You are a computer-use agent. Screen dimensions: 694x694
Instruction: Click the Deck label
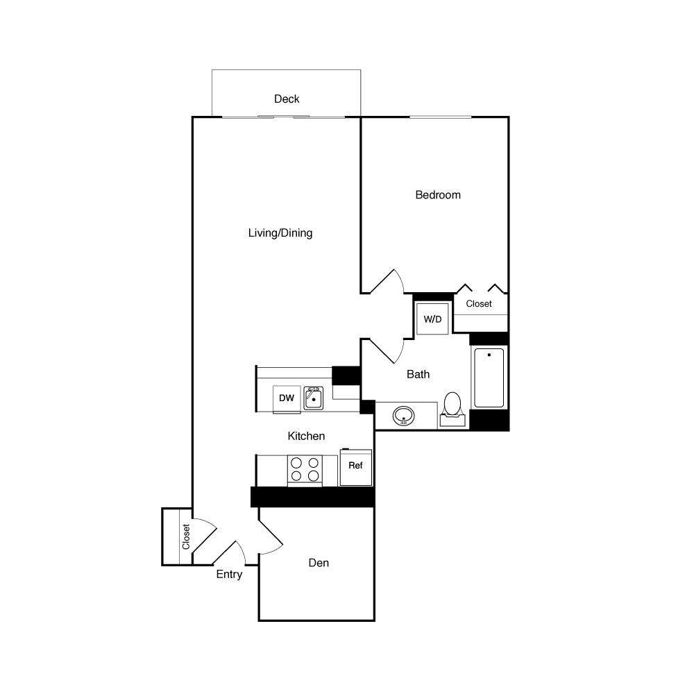(287, 99)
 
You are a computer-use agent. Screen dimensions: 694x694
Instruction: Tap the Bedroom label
(438, 195)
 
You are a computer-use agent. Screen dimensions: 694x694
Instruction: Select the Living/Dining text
(280, 233)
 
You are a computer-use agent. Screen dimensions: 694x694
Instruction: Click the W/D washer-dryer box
(432, 319)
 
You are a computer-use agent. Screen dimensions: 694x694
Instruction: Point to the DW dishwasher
(287, 398)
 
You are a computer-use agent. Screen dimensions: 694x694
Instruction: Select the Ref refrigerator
(355, 466)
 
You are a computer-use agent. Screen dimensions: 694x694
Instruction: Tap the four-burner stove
(305, 470)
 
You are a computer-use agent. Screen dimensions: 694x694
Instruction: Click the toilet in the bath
(452, 407)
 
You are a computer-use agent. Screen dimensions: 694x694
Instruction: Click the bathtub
(489, 378)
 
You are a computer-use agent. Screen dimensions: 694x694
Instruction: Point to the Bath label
(418, 374)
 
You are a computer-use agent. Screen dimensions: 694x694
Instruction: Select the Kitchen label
(306, 436)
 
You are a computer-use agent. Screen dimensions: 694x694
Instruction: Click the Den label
(319, 563)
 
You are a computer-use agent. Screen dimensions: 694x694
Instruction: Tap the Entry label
(229, 575)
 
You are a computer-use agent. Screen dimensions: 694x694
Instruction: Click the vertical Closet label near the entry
(186, 536)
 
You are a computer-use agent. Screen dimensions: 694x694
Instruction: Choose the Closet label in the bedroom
(479, 304)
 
